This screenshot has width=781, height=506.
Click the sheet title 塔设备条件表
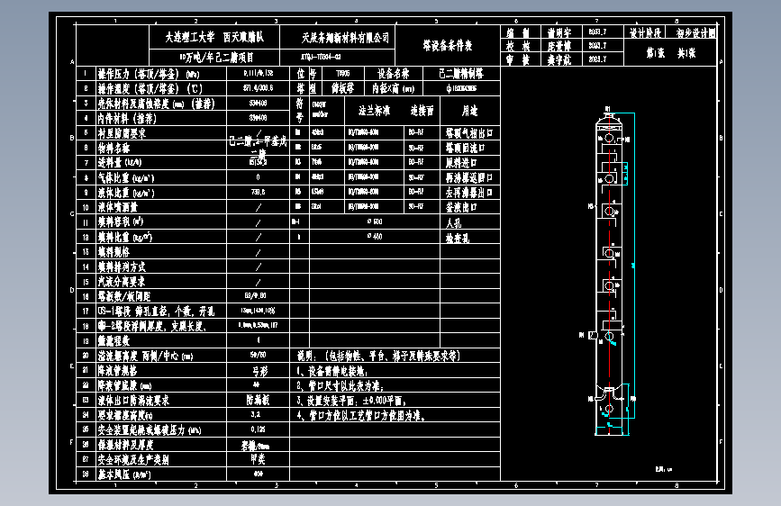pyautogui.click(x=447, y=44)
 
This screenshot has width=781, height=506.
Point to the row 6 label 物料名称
pyautogui.click(x=113, y=148)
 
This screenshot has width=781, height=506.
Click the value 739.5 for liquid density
pyautogui.click(x=259, y=192)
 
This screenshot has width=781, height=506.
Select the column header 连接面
pyautogui.click(x=422, y=111)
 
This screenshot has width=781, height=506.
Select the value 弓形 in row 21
pyautogui.click(x=259, y=369)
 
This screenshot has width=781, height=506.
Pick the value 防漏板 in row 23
pyautogui.click(x=259, y=399)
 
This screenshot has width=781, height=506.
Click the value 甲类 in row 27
pyautogui.click(x=259, y=458)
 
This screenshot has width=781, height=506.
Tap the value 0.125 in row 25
pyautogui.click(x=259, y=429)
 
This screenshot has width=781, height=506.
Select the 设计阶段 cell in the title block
pyautogui.click(x=647, y=31)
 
